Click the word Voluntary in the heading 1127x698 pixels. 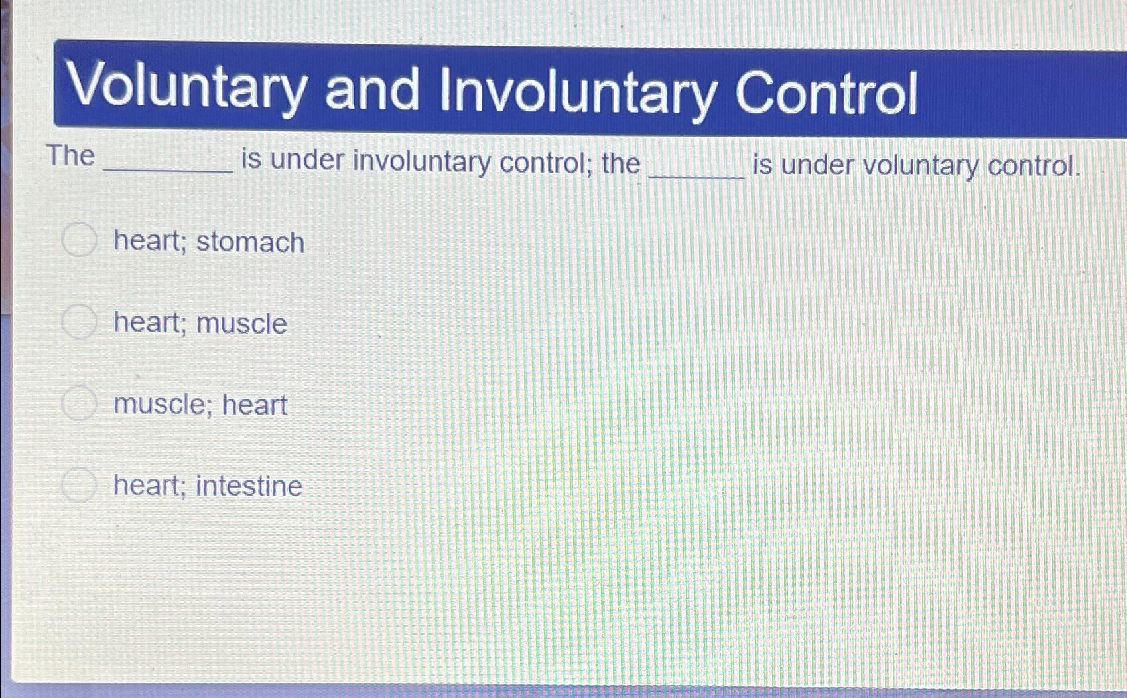click(x=187, y=88)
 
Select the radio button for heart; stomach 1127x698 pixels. click(x=79, y=240)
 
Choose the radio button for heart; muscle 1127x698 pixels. click(x=79, y=322)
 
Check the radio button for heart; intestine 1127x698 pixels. click(x=79, y=484)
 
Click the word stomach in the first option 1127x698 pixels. click(x=250, y=242)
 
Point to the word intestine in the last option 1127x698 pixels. click(x=249, y=486)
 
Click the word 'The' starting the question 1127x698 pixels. click(x=70, y=156)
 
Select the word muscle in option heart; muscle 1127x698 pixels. click(x=241, y=324)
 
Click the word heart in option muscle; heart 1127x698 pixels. click(x=254, y=405)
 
